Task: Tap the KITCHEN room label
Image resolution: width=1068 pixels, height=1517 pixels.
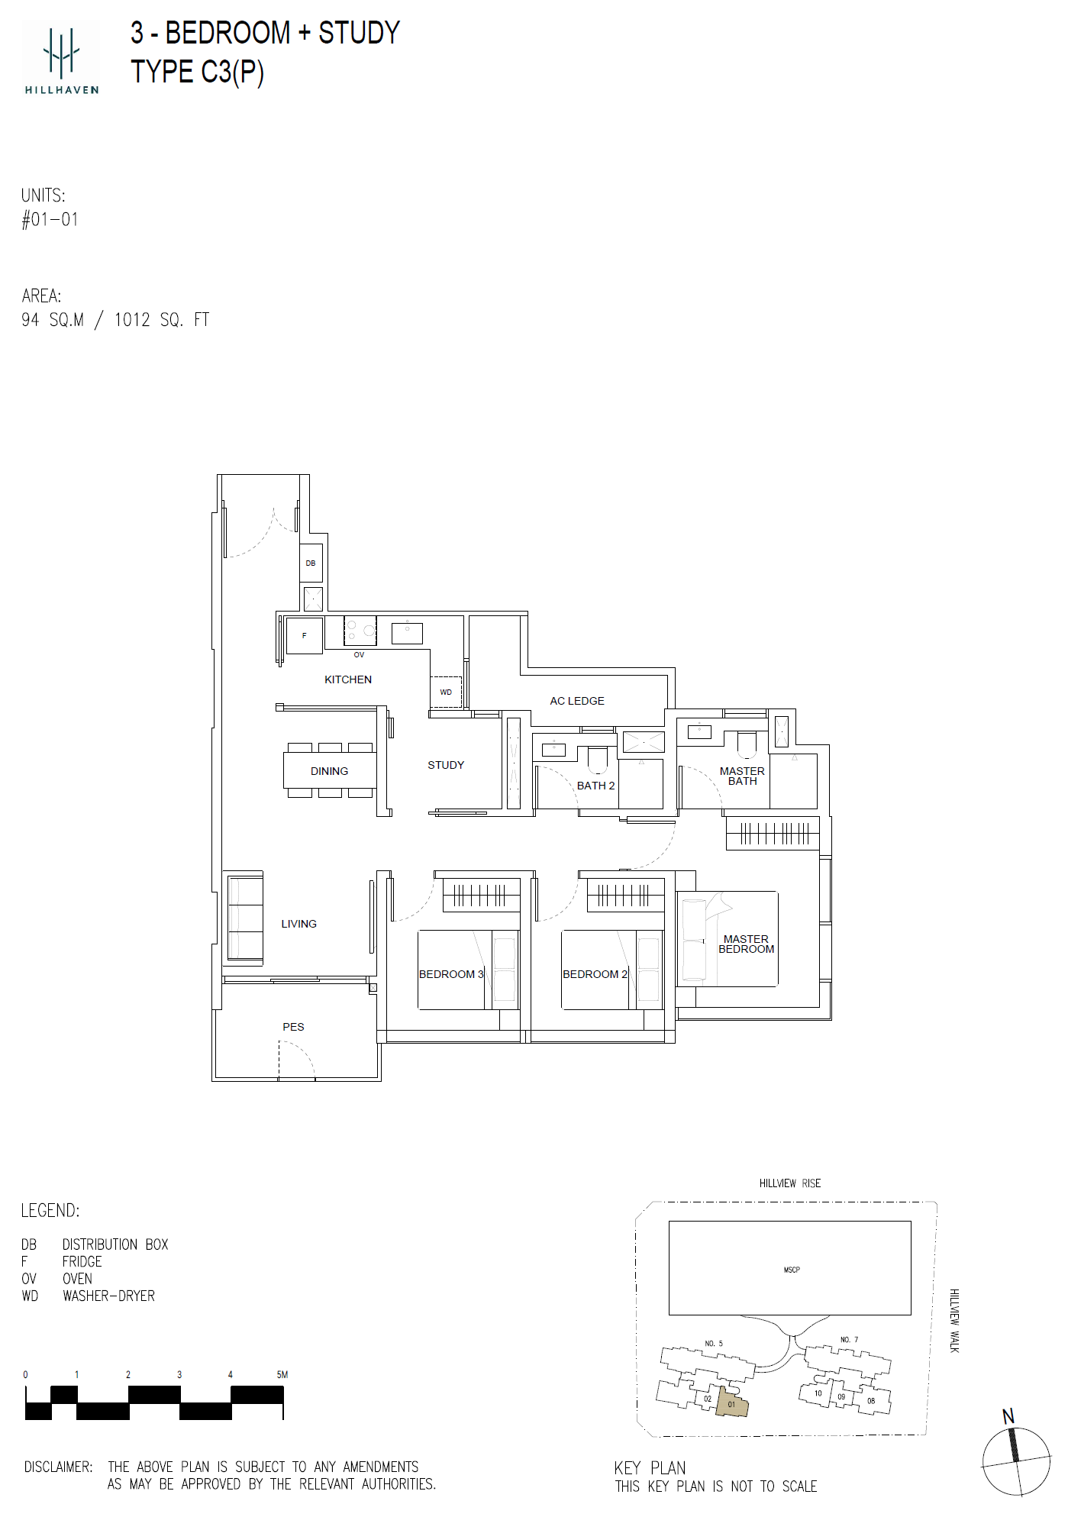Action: tap(348, 679)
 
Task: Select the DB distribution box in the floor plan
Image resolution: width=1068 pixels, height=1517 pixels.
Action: tap(311, 563)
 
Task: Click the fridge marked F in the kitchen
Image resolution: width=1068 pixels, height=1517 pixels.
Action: tap(304, 635)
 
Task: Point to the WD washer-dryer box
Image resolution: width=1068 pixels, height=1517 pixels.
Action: tap(446, 692)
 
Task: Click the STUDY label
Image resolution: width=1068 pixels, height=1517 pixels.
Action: tap(446, 765)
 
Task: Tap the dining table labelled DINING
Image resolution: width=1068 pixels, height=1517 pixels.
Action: tap(330, 771)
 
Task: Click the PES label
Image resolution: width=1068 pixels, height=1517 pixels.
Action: tap(293, 1027)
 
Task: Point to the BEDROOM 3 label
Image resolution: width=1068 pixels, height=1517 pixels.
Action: tap(451, 974)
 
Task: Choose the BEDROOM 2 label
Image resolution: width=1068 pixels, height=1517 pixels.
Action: tap(595, 974)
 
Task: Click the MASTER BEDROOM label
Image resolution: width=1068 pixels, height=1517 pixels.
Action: tap(746, 944)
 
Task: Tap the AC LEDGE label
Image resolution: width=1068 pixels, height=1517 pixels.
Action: tap(577, 701)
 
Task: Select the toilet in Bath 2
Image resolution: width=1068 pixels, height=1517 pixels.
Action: tap(597, 760)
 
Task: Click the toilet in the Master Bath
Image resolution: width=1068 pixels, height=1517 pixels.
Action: tap(746, 744)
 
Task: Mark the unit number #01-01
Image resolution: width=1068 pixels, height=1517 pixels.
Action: tap(50, 220)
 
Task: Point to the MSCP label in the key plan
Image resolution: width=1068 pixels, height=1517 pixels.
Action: tap(792, 1270)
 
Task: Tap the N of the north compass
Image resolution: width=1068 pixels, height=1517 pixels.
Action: tap(1008, 1416)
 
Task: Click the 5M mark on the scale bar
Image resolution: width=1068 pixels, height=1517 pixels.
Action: tap(282, 1375)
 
